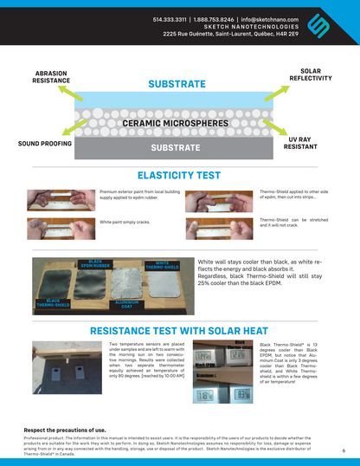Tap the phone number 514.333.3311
click(x=171, y=17)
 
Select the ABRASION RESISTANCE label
click(x=51, y=76)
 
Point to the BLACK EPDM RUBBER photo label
click(x=95, y=263)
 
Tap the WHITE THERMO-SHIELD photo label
click(x=162, y=265)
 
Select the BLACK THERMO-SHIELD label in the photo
click(x=53, y=302)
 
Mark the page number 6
click(x=344, y=450)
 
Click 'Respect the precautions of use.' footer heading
click(x=65, y=430)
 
